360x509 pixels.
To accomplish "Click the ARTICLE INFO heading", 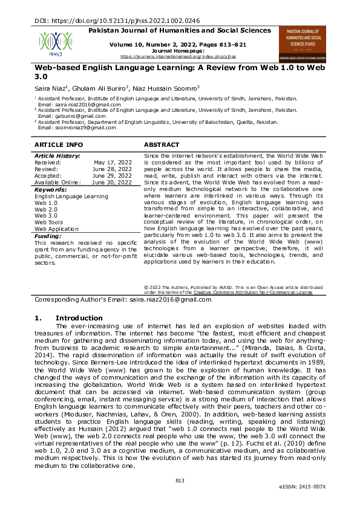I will click(x=59, y=145).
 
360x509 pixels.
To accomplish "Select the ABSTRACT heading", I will click(x=162, y=145).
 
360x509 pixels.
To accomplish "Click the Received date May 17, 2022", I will click(x=113, y=163).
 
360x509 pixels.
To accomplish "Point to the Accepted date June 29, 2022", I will click(x=112, y=176).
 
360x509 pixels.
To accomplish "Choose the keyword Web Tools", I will click(x=48, y=222).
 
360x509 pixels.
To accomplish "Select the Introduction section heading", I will click(x=79, y=318).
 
